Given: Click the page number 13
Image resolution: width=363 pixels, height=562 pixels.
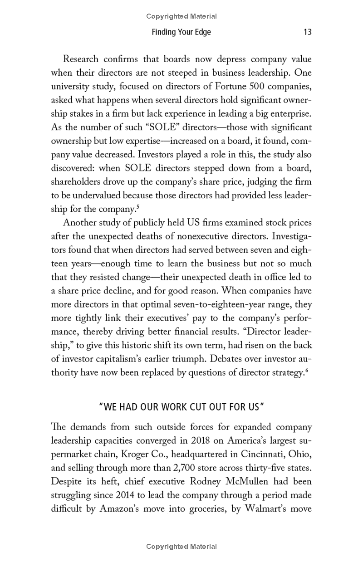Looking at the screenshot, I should [x=307, y=32].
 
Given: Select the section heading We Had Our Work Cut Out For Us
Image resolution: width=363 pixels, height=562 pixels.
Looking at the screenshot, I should [x=181, y=406].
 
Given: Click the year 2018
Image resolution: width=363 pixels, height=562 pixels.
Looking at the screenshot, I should [x=202, y=440].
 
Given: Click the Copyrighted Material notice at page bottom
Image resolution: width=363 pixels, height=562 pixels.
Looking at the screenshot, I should [x=181, y=547].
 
